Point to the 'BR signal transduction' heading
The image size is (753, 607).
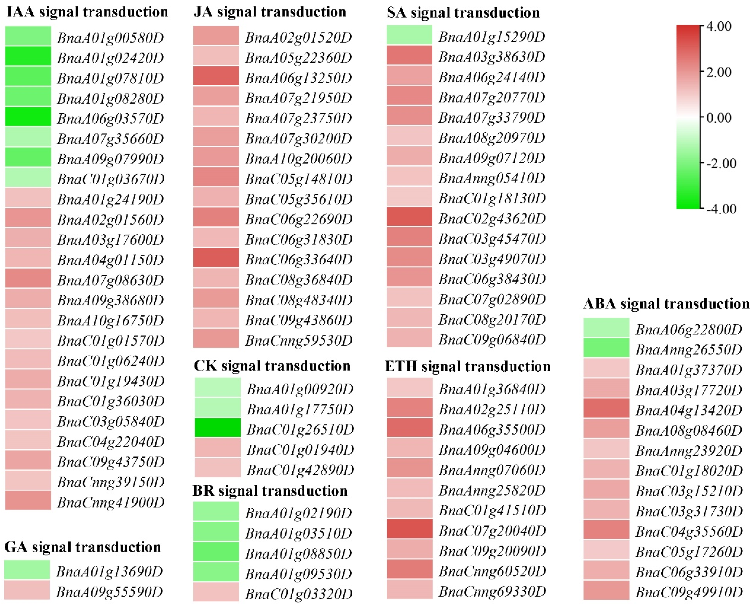(x=270, y=491)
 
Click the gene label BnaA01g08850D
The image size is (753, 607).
(x=298, y=554)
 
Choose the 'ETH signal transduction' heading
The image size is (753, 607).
(x=467, y=366)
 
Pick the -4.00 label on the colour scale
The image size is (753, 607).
(x=718, y=209)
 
